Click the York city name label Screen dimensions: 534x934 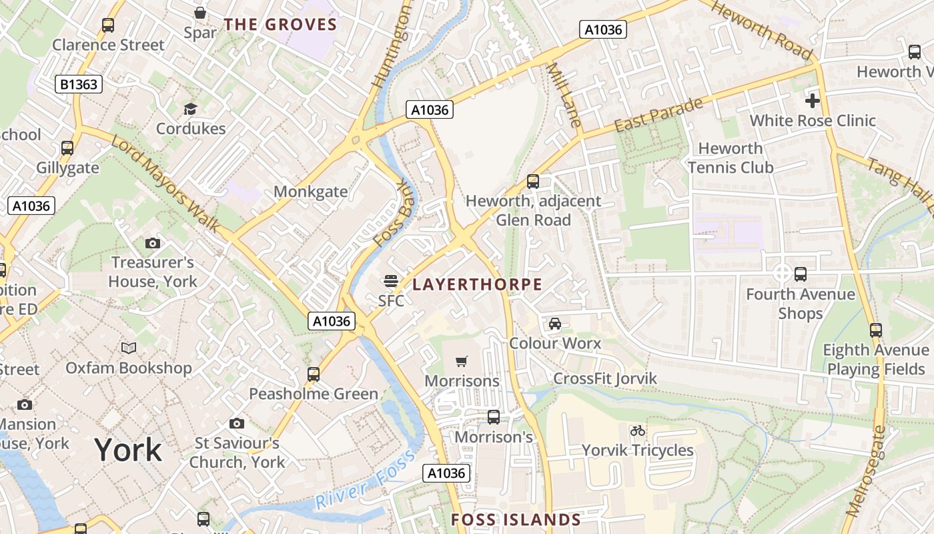point(128,451)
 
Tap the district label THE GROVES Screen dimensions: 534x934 point(280,25)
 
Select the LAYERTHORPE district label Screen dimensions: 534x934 point(477,285)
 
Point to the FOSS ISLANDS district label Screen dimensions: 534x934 point(516,520)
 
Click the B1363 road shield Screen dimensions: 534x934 point(78,84)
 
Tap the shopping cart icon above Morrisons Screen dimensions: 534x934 point(461,362)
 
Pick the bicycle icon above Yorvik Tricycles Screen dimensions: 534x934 point(637,431)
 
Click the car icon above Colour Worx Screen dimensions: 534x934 point(554,324)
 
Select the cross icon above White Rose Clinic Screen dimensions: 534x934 point(812,101)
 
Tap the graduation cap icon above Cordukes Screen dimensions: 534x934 point(191,109)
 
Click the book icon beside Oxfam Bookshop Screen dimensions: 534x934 point(128,348)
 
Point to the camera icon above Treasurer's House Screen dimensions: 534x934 point(153,243)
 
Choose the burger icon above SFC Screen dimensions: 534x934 point(391,281)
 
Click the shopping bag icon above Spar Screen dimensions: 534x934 point(199,13)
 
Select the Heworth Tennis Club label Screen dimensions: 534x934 point(731,158)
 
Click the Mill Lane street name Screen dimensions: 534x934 point(564,95)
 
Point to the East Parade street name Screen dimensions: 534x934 point(658,115)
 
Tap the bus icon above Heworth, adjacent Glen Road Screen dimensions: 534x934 point(532,181)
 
